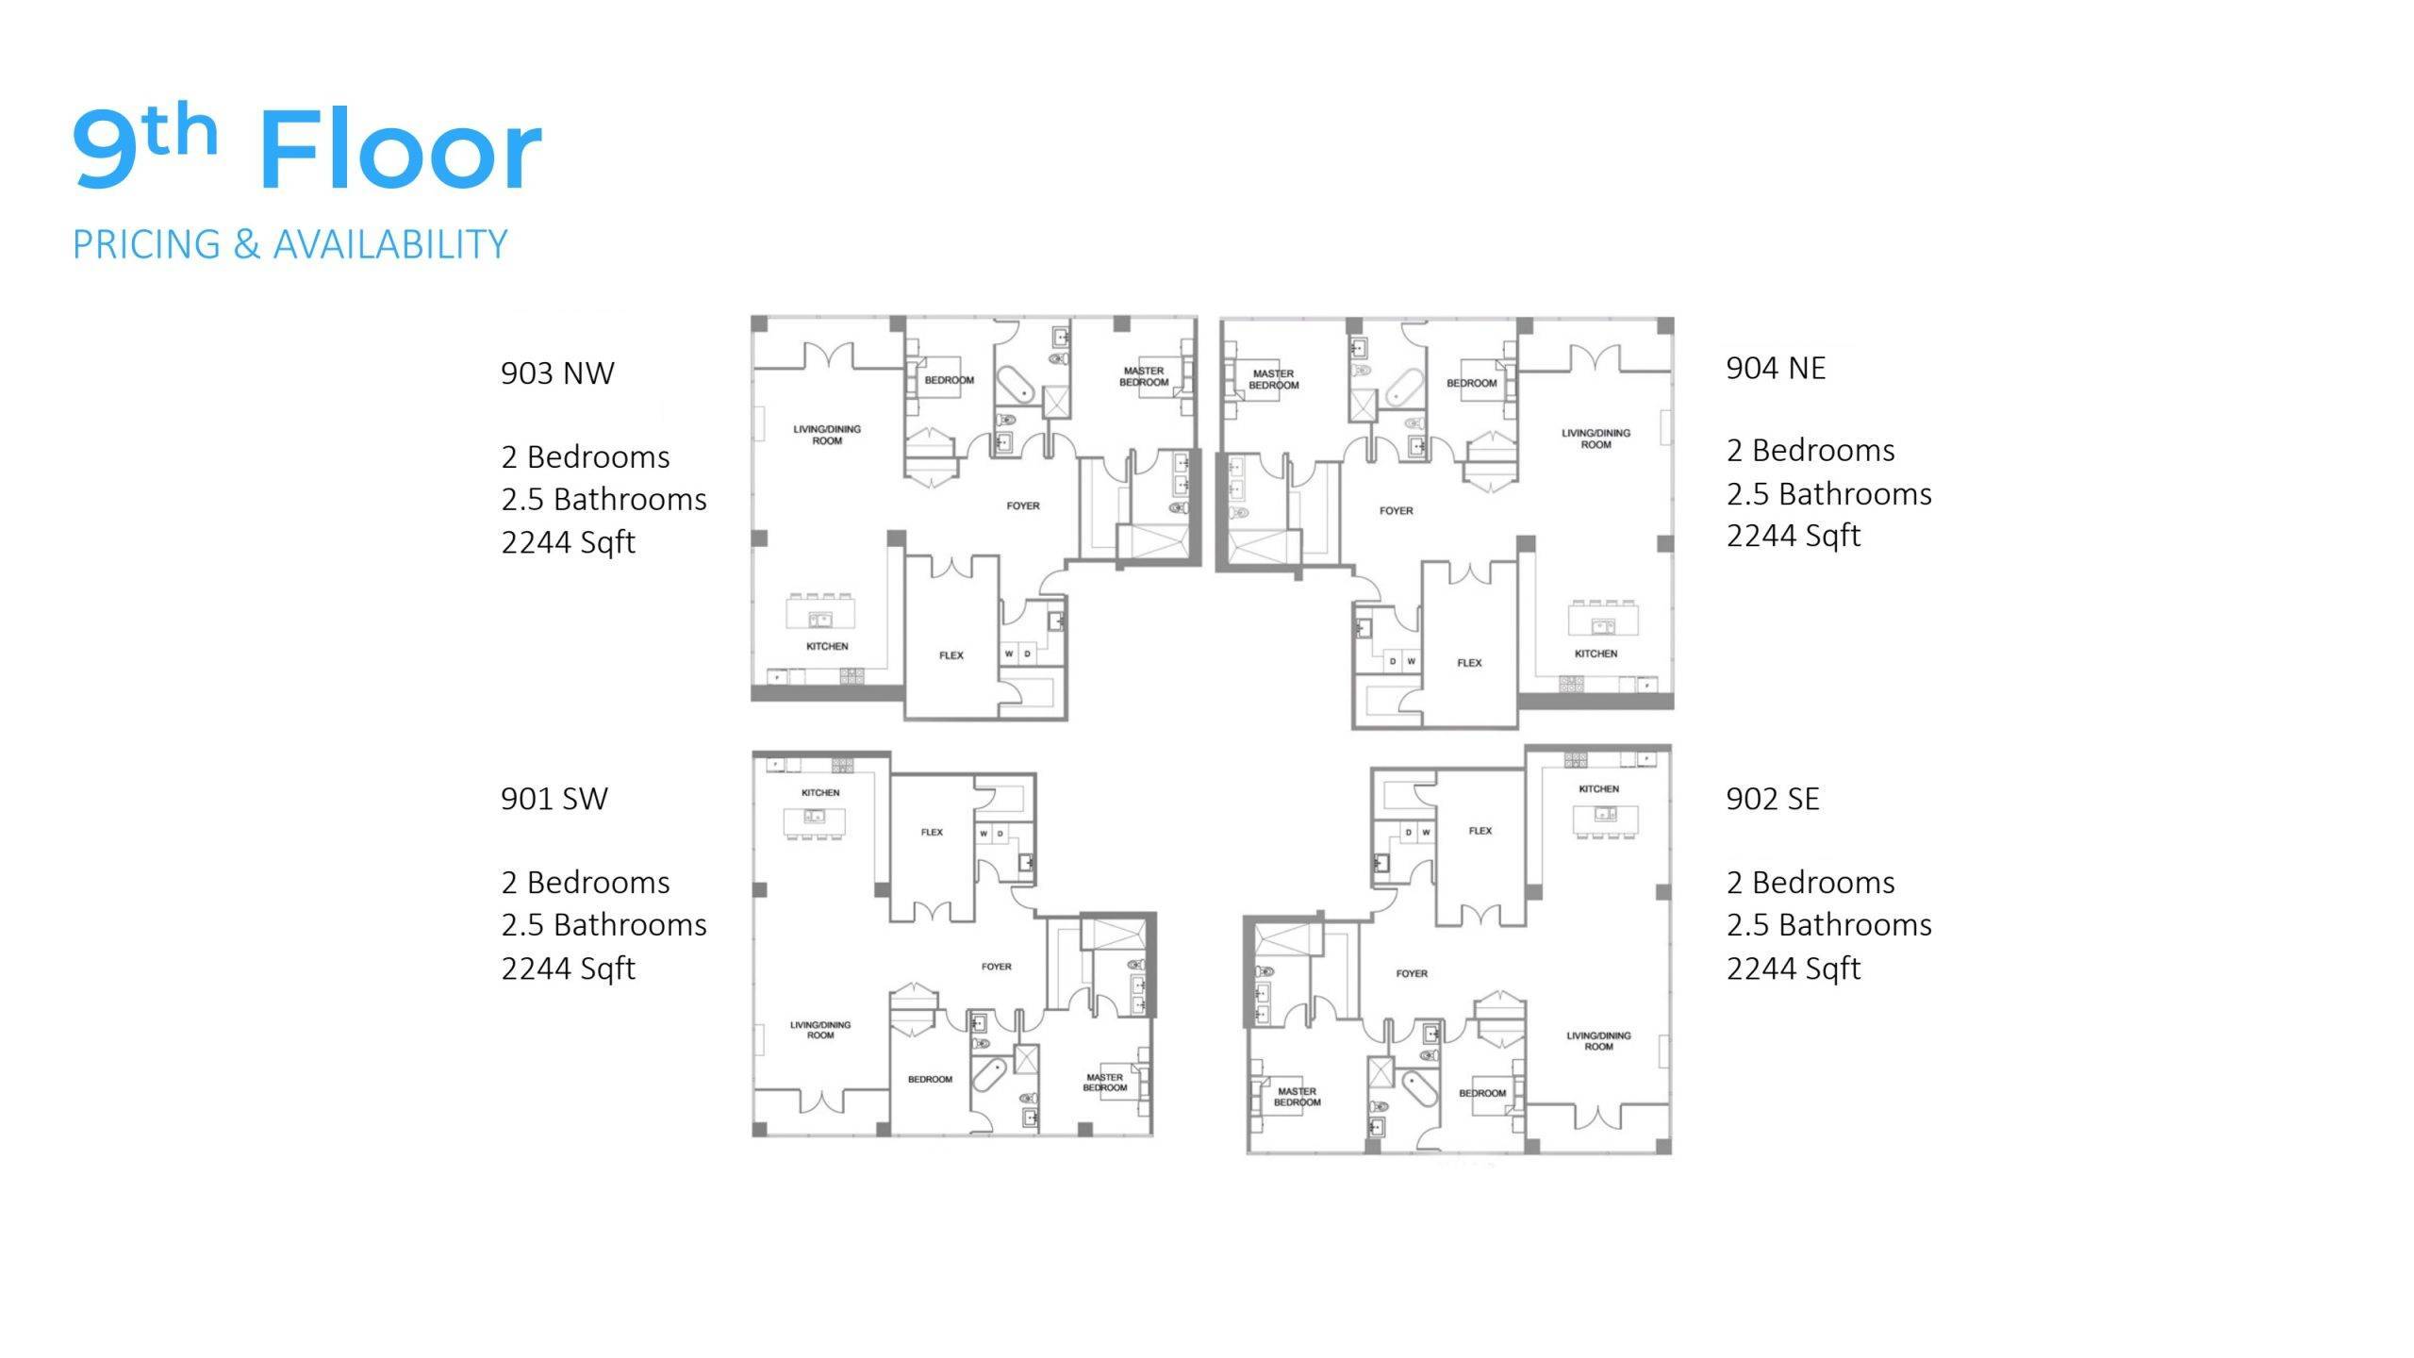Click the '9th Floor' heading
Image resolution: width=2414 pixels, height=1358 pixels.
307,147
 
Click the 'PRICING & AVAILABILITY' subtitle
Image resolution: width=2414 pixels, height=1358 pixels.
290,244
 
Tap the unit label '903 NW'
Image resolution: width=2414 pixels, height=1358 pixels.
557,373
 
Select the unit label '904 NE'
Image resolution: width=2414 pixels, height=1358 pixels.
1776,368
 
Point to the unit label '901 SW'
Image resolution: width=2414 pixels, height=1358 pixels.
554,799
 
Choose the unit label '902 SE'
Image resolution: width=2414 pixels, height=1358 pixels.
1773,799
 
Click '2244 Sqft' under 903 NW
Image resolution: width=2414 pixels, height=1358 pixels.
569,542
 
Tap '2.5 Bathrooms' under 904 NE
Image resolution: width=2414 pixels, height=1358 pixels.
1829,493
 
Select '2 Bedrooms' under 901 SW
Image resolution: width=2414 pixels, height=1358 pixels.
586,883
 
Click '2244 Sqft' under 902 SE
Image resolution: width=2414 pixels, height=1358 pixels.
1794,969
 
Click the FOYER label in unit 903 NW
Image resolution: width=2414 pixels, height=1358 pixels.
1023,506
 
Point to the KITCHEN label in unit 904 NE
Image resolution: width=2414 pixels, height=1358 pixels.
1596,654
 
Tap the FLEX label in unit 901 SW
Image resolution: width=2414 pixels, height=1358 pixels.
932,832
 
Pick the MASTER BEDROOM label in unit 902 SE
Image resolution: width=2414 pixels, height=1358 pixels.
1298,1097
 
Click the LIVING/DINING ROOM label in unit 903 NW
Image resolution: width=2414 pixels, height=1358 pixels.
827,435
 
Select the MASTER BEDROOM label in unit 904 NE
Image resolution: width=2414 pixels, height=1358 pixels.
1274,379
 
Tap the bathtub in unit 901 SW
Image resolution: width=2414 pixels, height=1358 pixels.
989,1075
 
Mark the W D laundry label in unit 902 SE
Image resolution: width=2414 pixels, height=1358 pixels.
1417,833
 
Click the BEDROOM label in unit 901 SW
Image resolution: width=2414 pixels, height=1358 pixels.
930,1079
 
